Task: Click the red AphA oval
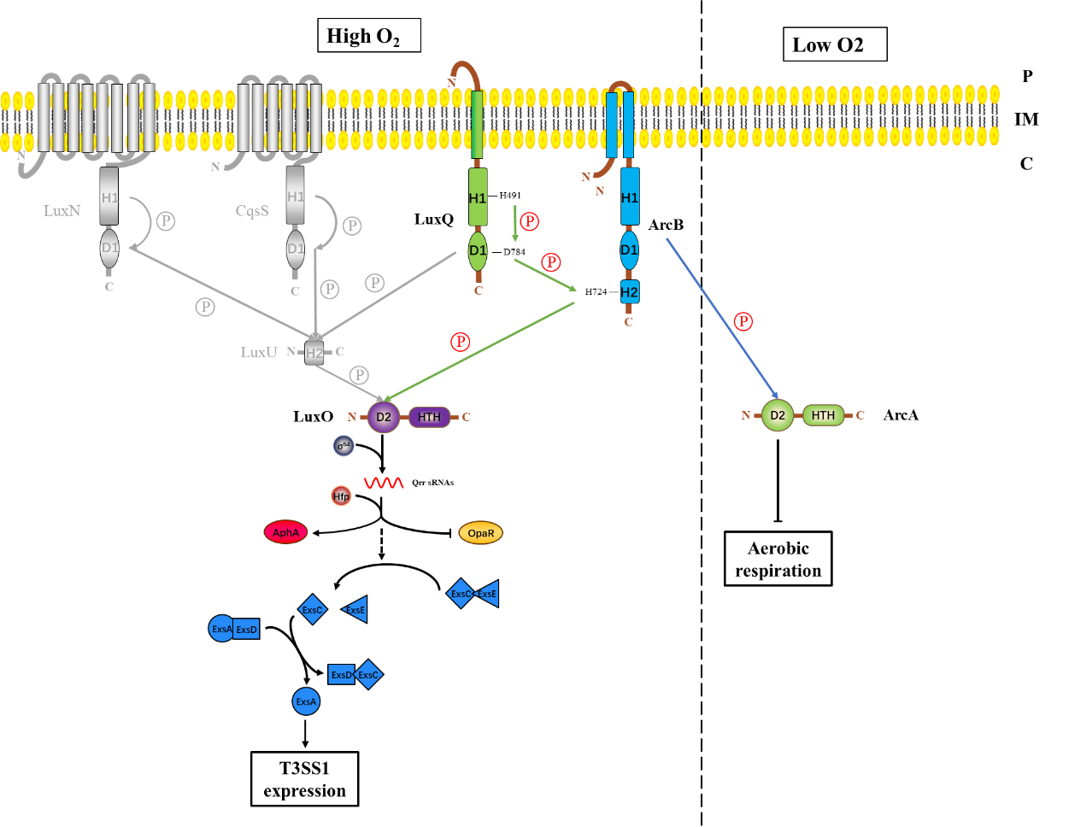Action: tap(285, 532)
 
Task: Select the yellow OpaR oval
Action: tap(480, 533)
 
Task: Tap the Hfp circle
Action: tap(341, 496)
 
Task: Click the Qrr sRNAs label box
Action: tap(437, 483)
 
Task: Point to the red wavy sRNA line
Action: tap(383, 483)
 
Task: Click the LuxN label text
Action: tap(62, 211)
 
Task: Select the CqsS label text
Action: tap(252, 211)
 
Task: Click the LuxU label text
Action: tap(258, 352)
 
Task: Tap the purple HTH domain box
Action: tap(429, 417)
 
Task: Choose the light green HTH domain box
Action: tap(823, 415)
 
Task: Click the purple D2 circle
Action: tap(384, 417)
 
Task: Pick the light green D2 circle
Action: tap(778, 415)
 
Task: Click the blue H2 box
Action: tap(629, 292)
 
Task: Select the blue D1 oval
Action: tap(629, 250)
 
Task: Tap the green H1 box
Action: tap(478, 197)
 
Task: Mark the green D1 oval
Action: tap(478, 250)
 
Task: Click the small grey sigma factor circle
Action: tap(344, 445)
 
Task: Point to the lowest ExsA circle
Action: tap(306, 701)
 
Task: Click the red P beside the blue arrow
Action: tap(743, 321)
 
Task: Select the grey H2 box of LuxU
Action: tap(314, 352)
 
